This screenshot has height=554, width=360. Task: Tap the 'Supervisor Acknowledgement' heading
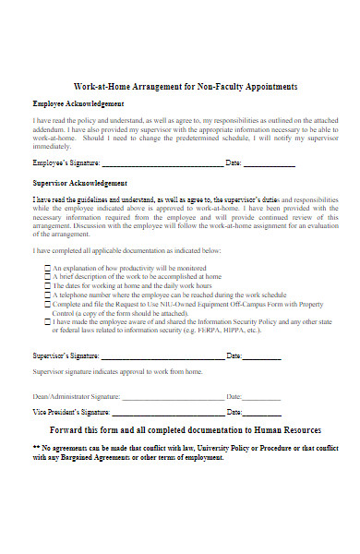coord(80,184)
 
